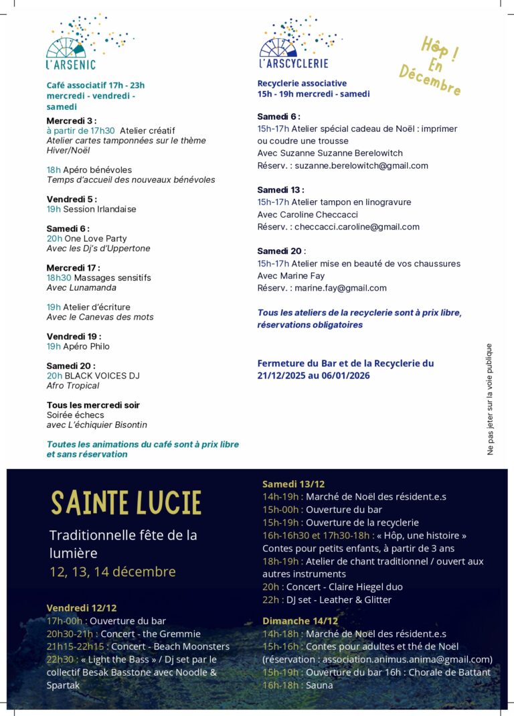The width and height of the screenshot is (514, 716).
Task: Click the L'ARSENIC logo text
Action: pos(71,65)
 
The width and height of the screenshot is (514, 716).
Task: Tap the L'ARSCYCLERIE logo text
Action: pos(294,64)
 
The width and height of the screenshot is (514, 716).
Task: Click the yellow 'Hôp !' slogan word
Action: pos(440,50)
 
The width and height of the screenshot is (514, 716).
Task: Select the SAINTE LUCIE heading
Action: pos(126,503)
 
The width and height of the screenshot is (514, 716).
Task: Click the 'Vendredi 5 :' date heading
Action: pos(72,199)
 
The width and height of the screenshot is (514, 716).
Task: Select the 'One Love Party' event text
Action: pos(96,238)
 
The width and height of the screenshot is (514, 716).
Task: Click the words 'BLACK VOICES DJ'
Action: pos(102,376)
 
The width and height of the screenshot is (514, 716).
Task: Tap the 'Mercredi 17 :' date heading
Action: pos(73,268)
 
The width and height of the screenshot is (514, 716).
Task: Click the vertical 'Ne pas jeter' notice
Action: pos(489,399)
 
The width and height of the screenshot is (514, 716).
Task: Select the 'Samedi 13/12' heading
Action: pos(293,484)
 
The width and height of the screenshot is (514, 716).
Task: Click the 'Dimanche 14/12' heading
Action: pos(300,621)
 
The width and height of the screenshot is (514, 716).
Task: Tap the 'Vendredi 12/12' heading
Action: pos(82,608)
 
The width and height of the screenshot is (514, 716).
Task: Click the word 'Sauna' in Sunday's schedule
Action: pos(319,685)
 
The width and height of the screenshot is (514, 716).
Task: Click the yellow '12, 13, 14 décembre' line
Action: pos(112,571)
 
